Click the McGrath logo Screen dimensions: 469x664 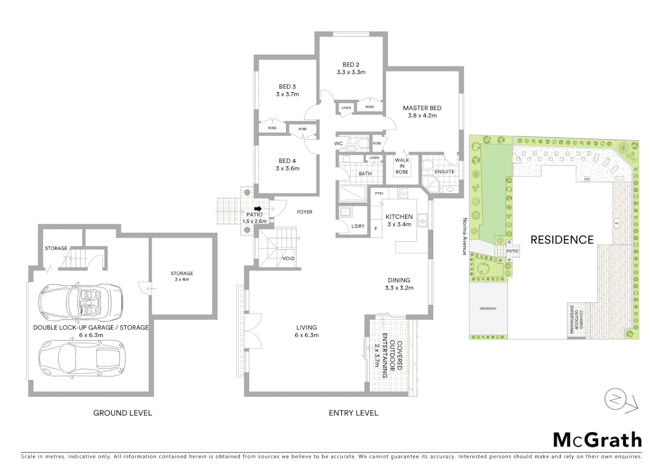coord(597,440)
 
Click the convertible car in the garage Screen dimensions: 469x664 coord(81,302)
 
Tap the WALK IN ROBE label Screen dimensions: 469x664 coord(402,166)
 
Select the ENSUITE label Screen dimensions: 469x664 coord(444,172)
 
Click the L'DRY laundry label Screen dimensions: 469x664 coord(358,226)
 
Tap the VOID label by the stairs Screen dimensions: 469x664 coord(289,258)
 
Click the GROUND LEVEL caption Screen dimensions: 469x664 coord(123,413)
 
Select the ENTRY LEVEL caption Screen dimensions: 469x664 coord(353,413)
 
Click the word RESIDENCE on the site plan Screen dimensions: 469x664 coord(562,240)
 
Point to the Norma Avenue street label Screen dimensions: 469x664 coord(465,236)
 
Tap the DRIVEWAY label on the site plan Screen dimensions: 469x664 coord(488,309)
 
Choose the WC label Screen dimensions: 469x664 coord(339,143)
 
